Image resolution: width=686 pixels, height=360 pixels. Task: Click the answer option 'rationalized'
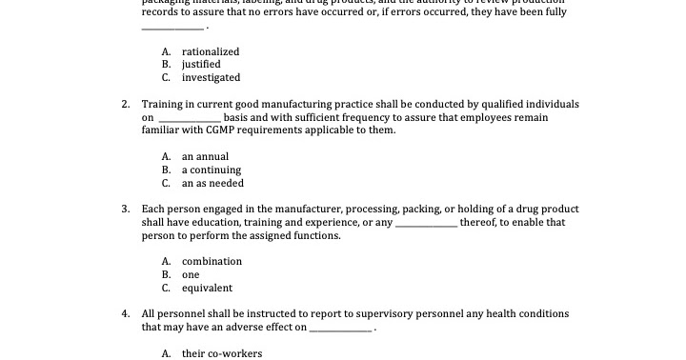211,51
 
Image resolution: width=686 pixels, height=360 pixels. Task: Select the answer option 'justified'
201,65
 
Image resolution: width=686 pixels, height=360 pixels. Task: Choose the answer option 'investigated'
211,78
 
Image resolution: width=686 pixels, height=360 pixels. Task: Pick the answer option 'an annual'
205,156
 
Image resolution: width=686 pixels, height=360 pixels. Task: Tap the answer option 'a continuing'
210,170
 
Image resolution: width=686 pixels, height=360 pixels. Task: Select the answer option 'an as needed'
212,183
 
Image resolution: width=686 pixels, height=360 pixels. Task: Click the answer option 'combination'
212,261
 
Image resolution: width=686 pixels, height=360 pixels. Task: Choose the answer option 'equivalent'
207,288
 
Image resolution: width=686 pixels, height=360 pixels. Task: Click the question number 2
126,104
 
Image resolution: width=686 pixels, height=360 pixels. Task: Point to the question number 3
126,209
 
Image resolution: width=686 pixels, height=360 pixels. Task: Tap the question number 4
126,313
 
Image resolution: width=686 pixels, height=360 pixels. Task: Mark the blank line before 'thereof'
426,224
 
